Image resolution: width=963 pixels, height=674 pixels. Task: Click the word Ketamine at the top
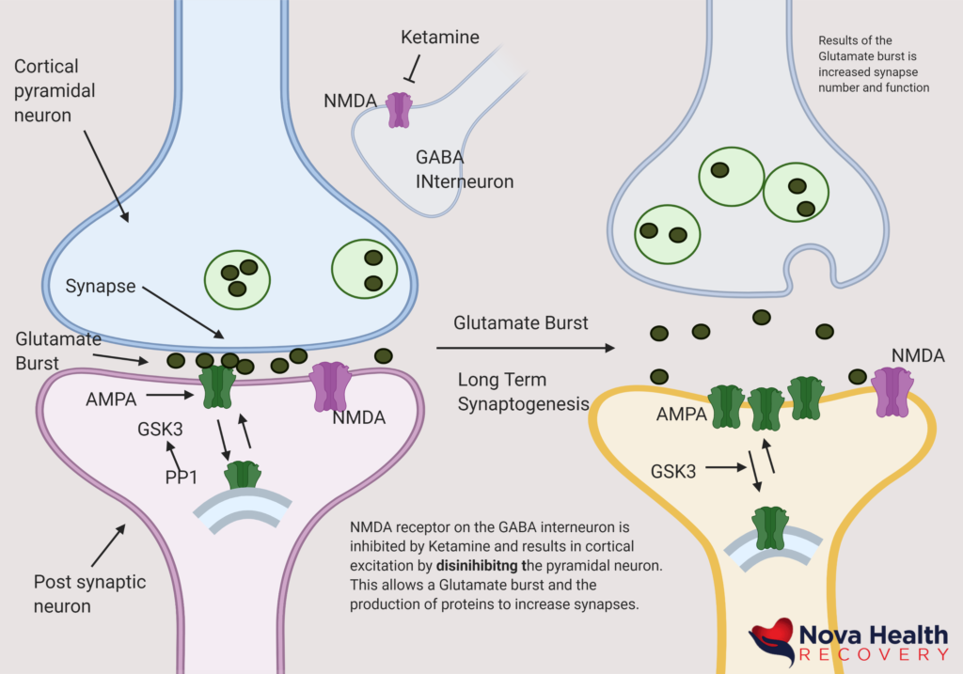(440, 38)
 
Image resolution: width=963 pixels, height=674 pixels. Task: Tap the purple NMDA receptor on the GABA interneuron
(400, 110)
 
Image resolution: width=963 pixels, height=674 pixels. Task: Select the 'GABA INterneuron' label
(465, 169)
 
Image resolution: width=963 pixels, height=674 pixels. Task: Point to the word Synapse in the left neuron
(100, 286)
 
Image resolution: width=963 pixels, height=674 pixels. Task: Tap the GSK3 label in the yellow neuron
(673, 471)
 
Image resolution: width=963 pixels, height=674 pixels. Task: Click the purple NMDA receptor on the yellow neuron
(892, 390)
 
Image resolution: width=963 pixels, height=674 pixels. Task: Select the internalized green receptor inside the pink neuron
(243, 476)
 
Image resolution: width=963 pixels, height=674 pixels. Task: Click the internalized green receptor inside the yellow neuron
(770, 528)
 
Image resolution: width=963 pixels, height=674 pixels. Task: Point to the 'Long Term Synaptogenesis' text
(522, 392)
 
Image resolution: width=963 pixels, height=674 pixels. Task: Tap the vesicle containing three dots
(237, 278)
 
